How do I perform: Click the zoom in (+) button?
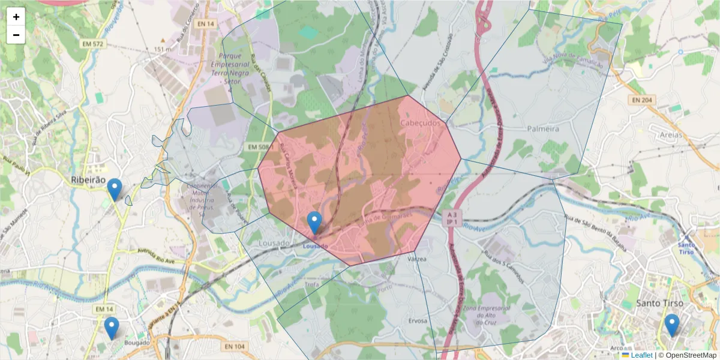(x=16, y=17)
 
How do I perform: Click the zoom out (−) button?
(x=16, y=35)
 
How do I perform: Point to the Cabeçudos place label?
(x=420, y=122)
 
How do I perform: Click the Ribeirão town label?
(x=88, y=179)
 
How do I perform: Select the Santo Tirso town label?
(x=660, y=303)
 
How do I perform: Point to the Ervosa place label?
(x=418, y=321)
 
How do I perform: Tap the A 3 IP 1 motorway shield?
(x=452, y=218)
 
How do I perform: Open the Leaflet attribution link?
(x=641, y=355)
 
